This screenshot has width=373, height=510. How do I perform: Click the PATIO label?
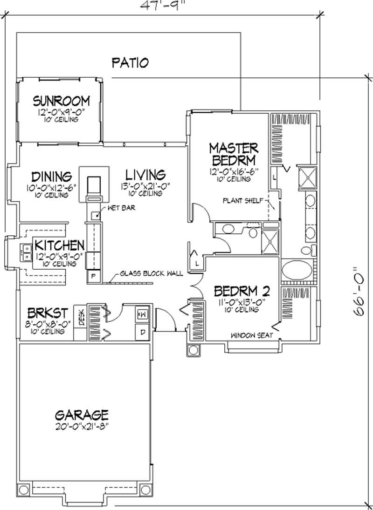pyautogui.click(x=130, y=62)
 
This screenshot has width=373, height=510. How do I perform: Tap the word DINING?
pyautogui.click(x=52, y=177)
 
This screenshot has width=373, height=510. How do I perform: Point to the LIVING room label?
pyautogui.click(x=145, y=175)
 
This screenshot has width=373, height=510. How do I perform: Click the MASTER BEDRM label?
pyautogui.click(x=233, y=154)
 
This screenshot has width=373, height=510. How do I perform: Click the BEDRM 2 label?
pyautogui.click(x=242, y=292)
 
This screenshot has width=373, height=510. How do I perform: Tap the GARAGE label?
pyautogui.click(x=82, y=415)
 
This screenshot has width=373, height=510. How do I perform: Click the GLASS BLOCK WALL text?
pyautogui.click(x=151, y=273)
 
